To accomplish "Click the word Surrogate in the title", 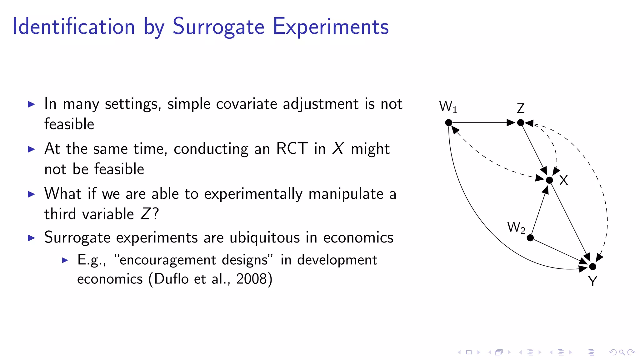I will coord(218,27).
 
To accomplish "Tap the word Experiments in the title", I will coord(331,27).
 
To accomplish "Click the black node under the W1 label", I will coord(448,123).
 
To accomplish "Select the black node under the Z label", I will coord(520,123).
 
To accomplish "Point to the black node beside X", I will coord(549,180).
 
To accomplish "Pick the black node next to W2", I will coord(530,238).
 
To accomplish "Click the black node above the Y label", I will coord(592,267).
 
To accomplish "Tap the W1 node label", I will coord(448,107).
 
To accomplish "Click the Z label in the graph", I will coord(520,108).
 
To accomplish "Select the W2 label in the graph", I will coord(516,227).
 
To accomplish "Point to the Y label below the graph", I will coord(592,281).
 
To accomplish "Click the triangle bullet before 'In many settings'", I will coord(31,104).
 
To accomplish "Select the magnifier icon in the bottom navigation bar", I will coord(622,352).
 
